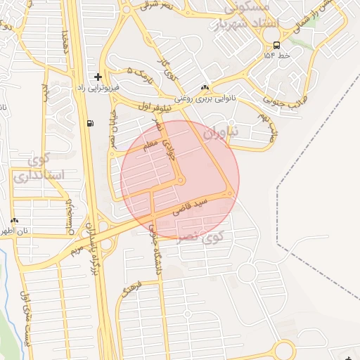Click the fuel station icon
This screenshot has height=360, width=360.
click(x=90, y=123)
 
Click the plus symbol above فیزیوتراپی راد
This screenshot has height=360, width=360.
click(x=98, y=77)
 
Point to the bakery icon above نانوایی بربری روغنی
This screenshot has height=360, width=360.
click(x=205, y=88)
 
